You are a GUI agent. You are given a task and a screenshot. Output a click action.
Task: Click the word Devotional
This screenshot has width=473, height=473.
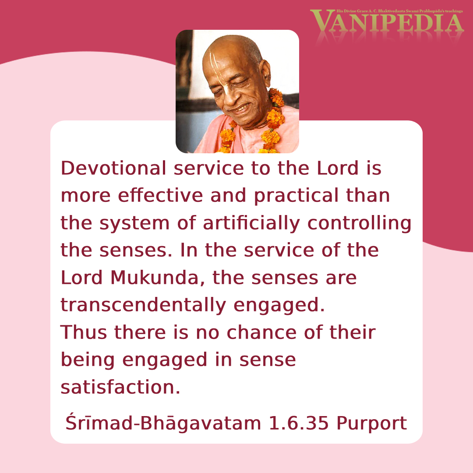113,168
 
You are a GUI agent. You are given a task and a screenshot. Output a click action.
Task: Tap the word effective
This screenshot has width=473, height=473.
160,195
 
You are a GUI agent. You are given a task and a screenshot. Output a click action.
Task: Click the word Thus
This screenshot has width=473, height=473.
84,332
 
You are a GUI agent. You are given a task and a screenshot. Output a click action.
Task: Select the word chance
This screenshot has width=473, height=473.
261,332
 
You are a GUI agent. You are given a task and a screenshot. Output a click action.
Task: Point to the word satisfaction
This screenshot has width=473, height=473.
120,387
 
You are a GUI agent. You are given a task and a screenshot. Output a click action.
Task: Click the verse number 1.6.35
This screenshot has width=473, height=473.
298,423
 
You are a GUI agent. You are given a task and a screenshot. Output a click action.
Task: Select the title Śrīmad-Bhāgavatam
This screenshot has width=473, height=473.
163,422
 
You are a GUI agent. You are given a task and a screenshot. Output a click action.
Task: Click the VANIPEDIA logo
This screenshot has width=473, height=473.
388,22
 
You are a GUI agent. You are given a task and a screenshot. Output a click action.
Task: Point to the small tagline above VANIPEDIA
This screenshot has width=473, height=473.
399,11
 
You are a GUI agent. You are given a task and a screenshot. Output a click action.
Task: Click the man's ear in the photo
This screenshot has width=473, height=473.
265,74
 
